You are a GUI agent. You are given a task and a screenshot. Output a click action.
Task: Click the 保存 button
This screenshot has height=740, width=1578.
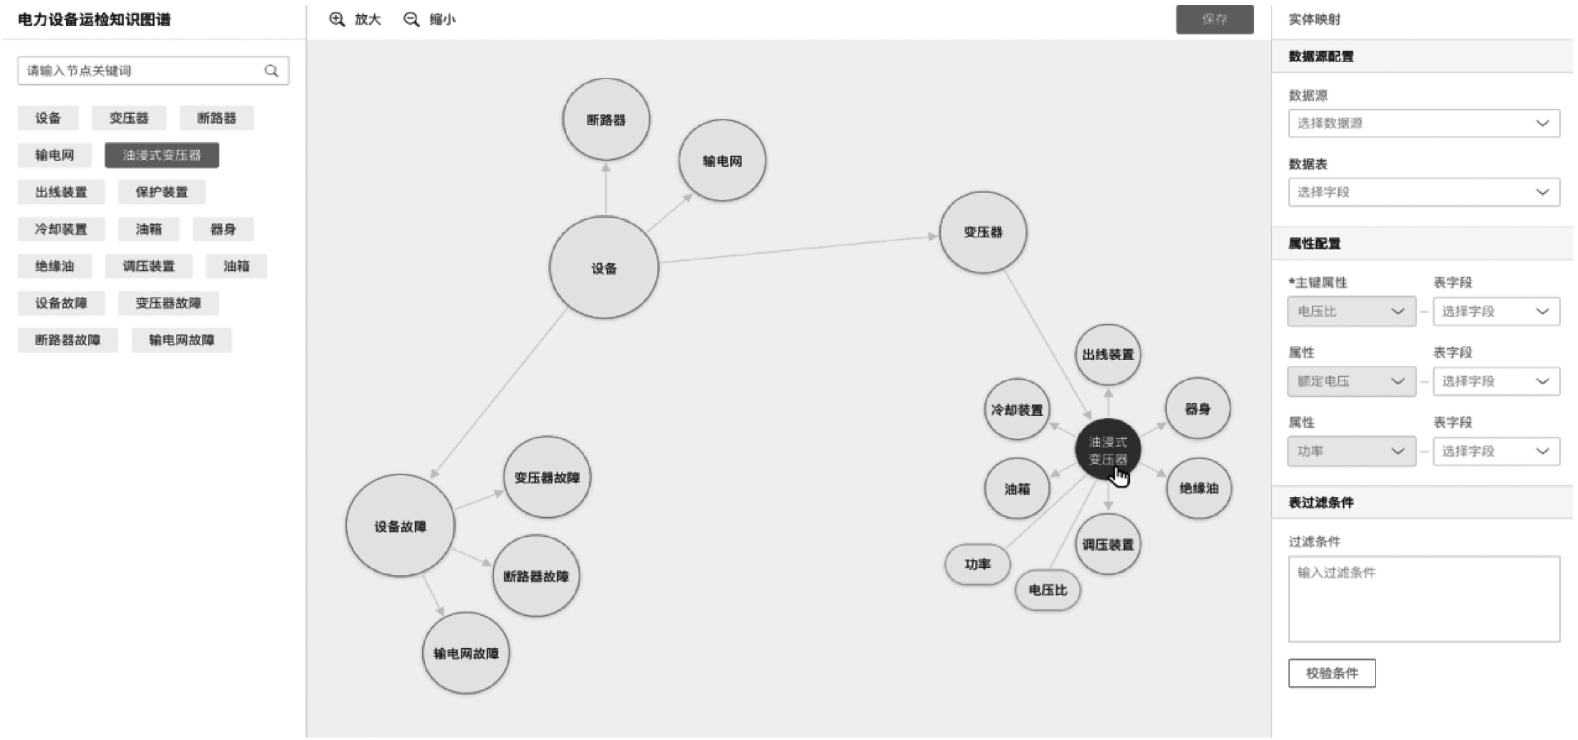[x=1214, y=20]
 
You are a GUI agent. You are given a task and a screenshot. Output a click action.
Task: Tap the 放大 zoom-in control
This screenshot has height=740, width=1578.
[x=355, y=20]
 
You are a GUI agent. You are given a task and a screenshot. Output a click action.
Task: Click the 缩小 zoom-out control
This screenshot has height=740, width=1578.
[x=429, y=20]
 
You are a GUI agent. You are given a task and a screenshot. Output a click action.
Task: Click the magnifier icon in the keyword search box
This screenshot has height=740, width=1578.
[x=272, y=71]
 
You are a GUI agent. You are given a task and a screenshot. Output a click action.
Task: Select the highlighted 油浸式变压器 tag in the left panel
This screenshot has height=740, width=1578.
[x=161, y=155]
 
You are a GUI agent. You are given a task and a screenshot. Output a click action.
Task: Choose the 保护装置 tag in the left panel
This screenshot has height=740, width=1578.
[x=161, y=192]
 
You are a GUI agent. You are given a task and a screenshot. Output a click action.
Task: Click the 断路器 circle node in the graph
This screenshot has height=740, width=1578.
[x=606, y=120]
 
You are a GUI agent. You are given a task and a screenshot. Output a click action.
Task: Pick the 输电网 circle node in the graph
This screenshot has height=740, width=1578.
[x=722, y=161]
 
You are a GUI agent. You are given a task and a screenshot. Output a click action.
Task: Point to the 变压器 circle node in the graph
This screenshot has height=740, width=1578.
[x=982, y=232]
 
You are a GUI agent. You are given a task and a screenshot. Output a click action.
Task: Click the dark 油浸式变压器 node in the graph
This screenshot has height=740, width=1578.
[x=1107, y=450]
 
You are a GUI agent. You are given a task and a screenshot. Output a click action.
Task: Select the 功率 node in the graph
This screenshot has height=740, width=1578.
[x=977, y=564]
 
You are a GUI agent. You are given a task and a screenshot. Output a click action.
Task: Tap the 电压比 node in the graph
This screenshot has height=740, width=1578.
[x=1047, y=590]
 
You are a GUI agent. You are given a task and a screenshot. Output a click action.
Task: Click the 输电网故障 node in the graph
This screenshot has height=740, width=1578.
[x=465, y=653]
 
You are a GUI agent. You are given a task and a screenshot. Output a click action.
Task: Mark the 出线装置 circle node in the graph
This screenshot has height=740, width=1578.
[x=1107, y=354]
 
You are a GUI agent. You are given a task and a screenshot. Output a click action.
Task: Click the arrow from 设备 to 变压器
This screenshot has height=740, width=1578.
[x=798, y=249]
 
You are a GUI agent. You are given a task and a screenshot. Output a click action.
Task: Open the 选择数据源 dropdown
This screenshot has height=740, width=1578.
[x=1424, y=123]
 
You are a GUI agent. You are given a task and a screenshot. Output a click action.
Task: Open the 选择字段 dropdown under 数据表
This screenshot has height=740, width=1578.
[x=1424, y=192]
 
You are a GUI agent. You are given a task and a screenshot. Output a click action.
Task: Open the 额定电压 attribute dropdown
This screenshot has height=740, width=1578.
[x=1351, y=382]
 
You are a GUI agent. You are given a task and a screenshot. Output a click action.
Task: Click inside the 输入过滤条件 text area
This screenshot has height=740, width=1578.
[x=1424, y=599]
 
